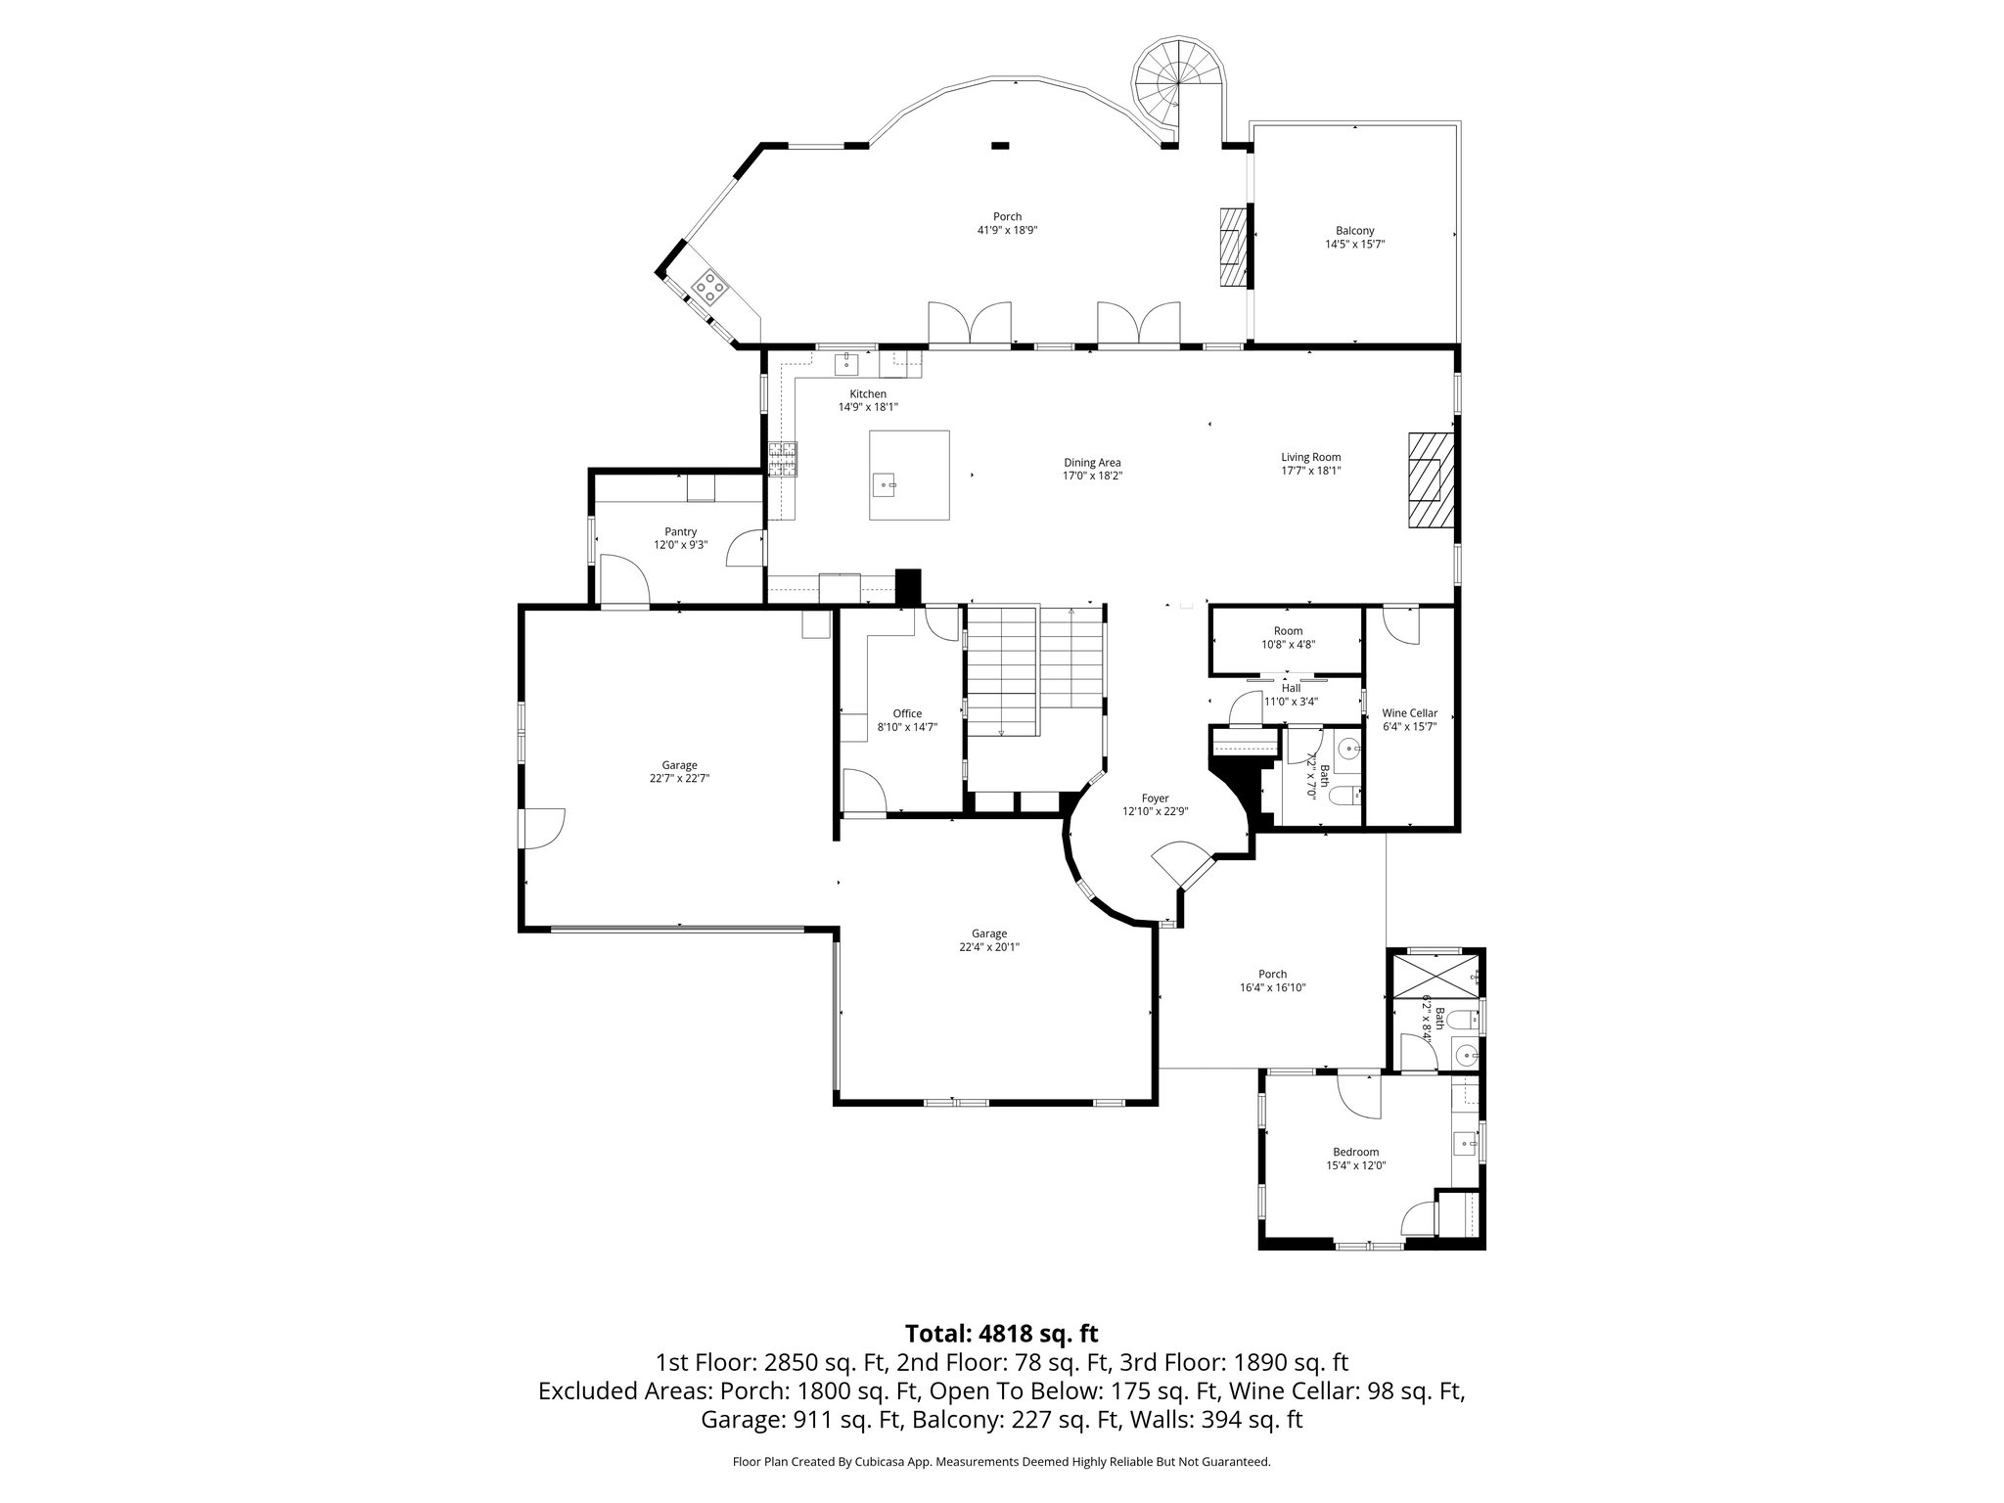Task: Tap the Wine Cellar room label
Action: tap(1409, 713)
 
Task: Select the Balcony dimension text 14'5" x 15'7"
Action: tap(1354, 245)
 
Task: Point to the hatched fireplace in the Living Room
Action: tap(1431, 479)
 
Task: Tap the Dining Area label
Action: tap(1092, 463)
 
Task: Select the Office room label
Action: tap(907, 713)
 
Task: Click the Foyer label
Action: tap(1155, 798)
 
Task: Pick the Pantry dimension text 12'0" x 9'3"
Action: tap(680, 545)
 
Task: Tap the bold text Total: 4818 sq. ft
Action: tap(1001, 1334)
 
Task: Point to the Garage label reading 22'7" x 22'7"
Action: tap(679, 779)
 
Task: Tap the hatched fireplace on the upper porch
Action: tap(1234, 246)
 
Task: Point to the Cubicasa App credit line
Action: tap(1001, 1462)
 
